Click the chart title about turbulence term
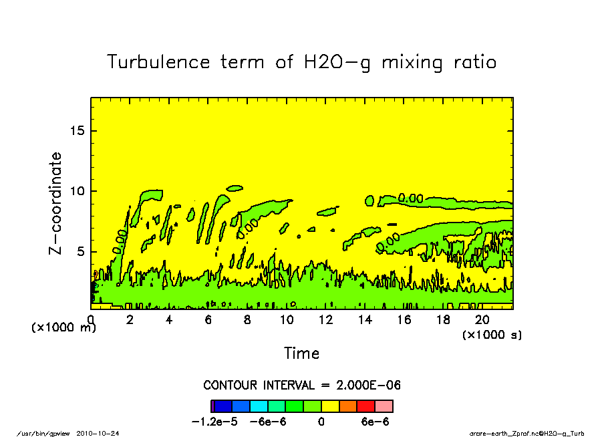tap(302, 62)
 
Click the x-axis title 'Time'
tap(302, 353)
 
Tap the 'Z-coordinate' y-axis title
tap(56, 203)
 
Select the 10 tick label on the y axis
tap(78, 191)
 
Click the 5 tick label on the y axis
tap(82, 252)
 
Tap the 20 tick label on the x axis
tap(482, 319)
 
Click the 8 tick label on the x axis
tap(247, 319)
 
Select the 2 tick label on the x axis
tap(130, 319)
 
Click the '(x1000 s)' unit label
tap(492, 334)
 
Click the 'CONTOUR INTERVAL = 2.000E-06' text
tap(302, 386)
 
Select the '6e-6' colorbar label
tap(375, 422)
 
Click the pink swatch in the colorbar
tap(384, 406)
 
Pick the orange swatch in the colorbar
tap(348, 406)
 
